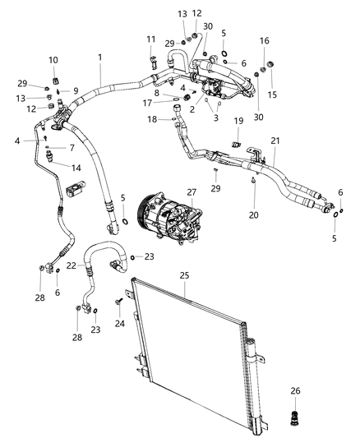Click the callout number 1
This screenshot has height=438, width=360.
point(100,58)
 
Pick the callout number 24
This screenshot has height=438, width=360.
point(120,323)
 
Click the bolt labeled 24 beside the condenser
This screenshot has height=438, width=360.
point(120,305)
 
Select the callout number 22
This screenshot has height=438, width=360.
point(71,265)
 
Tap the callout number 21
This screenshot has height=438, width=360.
point(275,141)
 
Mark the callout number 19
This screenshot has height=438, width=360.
point(238,121)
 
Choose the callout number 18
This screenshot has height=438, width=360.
point(152,120)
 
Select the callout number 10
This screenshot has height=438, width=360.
point(53,60)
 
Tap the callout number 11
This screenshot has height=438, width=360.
point(150,39)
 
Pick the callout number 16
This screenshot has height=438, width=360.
point(264,40)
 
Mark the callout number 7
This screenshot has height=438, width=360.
point(72,148)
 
